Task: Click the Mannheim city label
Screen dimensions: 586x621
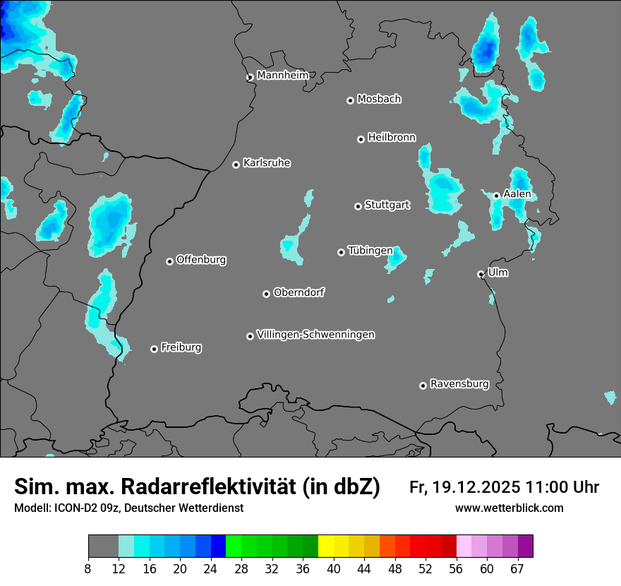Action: (x=282, y=75)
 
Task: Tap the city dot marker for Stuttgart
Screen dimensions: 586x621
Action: (x=358, y=206)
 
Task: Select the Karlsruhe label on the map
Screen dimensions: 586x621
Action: (x=267, y=163)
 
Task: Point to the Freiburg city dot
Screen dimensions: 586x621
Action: (x=154, y=349)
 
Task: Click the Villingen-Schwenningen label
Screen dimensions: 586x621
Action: (x=315, y=335)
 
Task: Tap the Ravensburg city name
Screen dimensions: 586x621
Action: (x=459, y=384)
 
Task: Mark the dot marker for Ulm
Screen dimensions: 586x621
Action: (x=481, y=274)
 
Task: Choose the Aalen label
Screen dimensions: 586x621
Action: (x=517, y=194)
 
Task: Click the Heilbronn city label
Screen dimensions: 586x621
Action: (x=392, y=138)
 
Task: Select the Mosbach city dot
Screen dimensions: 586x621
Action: (x=350, y=100)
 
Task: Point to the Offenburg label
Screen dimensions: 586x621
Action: (x=201, y=260)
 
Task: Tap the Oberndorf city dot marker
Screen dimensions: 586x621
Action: (x=266, y=294)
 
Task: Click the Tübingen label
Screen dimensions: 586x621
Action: (x=370, y=251)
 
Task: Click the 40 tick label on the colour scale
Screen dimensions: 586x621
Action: (x=334, y=569)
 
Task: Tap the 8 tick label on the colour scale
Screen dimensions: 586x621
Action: (x=88, y=569)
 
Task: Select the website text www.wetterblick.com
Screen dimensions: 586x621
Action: (x=509, y=508)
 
